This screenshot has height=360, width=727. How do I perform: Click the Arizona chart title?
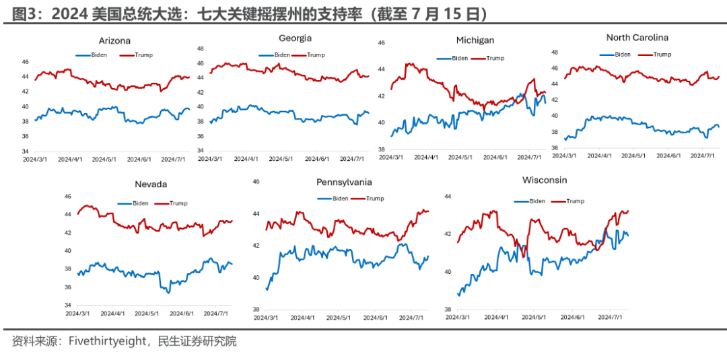(114, 40)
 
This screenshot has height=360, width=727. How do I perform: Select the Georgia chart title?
(295, 38)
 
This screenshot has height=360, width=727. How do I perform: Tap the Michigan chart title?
(475, 40)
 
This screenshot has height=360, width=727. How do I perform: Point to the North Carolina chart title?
(637, 38)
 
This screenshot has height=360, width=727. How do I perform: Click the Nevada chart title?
(151, 184)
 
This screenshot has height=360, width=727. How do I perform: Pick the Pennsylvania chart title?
(344, 182)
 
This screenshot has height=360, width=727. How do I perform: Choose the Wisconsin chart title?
(545, 180)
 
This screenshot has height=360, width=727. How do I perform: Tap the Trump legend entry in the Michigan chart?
(495, 59)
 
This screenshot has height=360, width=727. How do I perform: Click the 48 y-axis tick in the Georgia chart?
(200, 48)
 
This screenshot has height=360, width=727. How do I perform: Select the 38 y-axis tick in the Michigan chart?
(380, 149)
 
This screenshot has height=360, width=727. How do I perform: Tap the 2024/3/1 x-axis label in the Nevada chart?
(78, 314)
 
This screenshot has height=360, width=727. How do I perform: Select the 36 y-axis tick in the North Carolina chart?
(555, 147)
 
